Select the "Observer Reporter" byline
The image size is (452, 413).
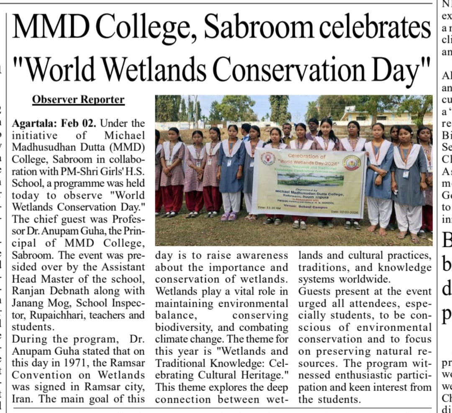(x=78, y=100)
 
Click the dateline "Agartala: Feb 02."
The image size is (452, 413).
(x=54, y=124)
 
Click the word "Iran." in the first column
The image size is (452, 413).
(x=23, y=399)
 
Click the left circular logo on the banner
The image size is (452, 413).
(x=267, y=159)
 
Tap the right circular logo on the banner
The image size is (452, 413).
(x=352, y=162)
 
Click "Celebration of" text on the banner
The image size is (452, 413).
(x=309, y=155)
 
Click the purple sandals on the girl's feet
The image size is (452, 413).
(x=228, y=216)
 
